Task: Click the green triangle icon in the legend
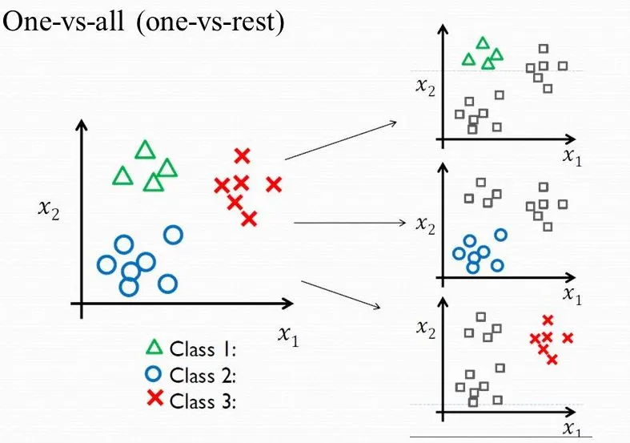154,348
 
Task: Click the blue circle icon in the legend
154,374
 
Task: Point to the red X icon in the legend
154,401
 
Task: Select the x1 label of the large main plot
288,336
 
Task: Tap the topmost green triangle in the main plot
145,150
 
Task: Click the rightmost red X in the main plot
274,184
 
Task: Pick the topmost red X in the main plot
242,155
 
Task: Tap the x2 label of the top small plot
425,87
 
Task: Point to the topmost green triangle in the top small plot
482,43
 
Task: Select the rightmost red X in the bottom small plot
568,338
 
